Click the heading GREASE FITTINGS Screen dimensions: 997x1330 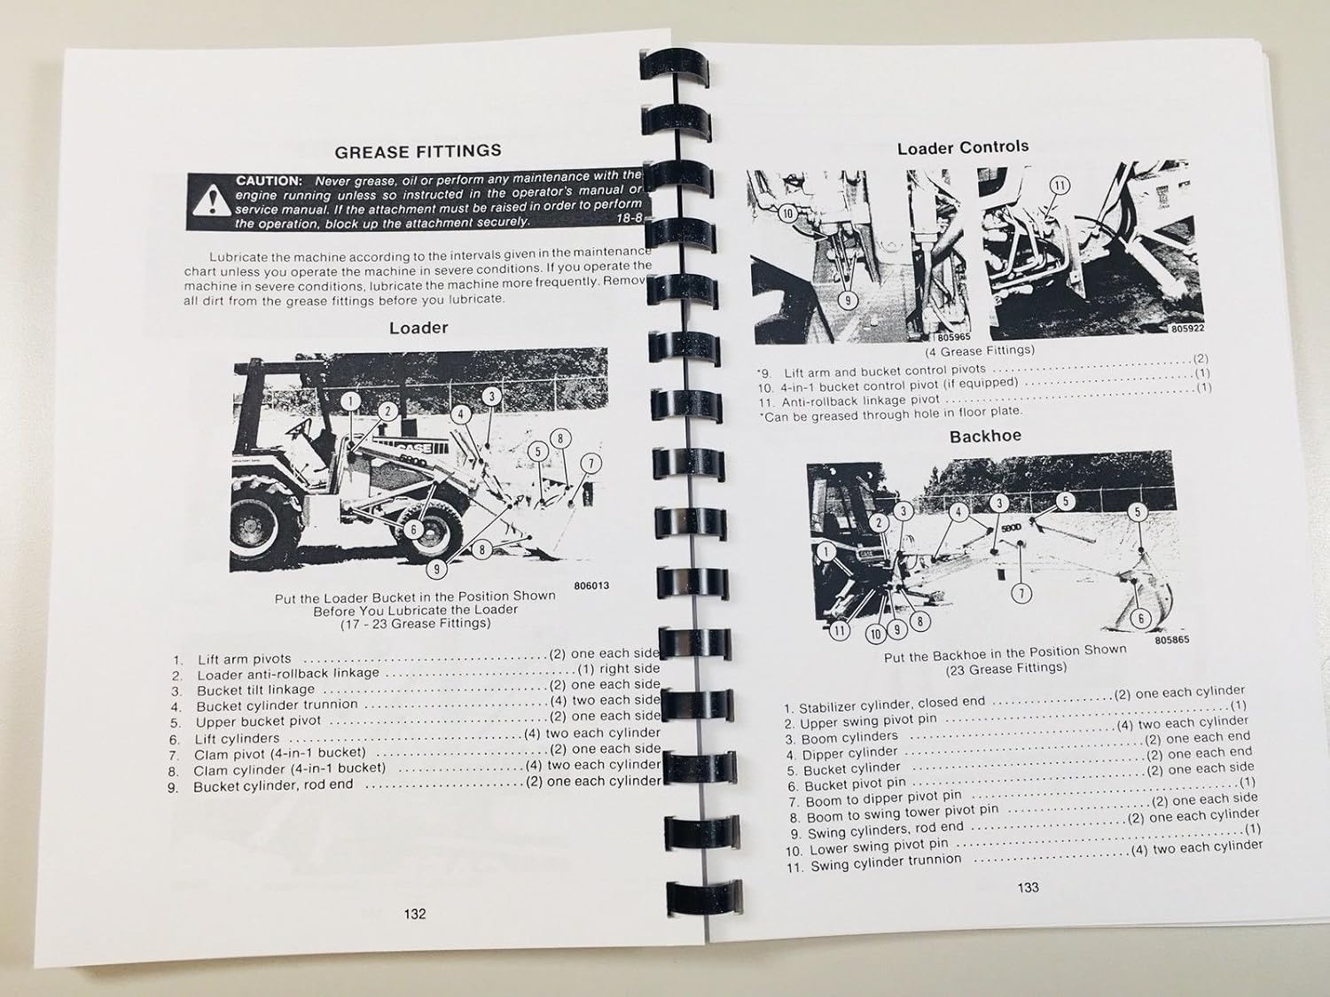point(419,152)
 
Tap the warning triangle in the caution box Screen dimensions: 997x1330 point(209,203)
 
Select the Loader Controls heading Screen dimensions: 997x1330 point(963,147)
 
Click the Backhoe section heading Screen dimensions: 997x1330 point(985,436)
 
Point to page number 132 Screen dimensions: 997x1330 point(415,914)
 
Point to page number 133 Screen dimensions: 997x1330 point(1028,886)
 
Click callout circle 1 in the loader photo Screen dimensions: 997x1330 point(351,401)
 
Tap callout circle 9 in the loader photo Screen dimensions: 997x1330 point(436,569)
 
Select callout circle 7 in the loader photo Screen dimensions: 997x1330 point(591,463)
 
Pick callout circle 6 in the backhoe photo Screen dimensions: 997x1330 point(1140,619)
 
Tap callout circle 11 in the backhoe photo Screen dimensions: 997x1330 point(839,631)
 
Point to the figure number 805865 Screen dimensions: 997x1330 point(1172,640)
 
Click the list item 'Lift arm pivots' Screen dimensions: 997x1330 point(244,659)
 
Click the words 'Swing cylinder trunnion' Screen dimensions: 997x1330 point(885,863)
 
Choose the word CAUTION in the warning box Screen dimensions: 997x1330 point(268,181)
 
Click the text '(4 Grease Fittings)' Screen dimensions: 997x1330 point(979,350)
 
